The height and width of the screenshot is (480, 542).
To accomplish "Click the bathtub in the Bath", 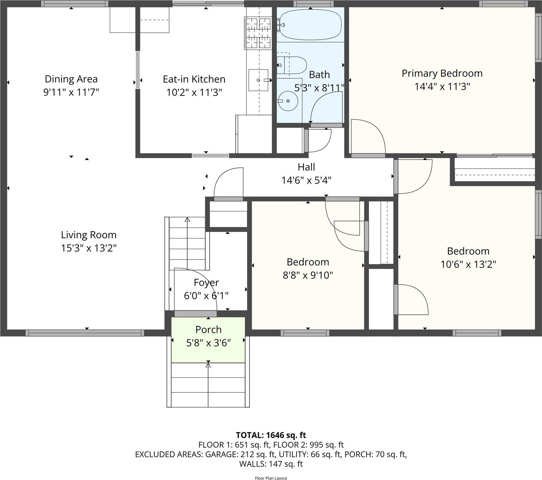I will (x=310, y=25).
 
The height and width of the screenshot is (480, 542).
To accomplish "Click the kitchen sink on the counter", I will (x=258, y=80).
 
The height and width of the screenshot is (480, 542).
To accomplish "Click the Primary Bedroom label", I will (x=442, y=73).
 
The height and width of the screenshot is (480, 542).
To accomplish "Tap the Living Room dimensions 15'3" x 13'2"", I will (x=88, y=248).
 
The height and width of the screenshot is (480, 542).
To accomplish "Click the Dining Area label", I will (x=71, y=79).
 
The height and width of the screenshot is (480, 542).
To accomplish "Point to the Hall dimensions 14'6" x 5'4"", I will (x=306, y=180).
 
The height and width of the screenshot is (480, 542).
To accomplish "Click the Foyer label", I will (x=206, y=282).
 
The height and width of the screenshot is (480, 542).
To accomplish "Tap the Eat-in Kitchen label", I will (x=194, y=79).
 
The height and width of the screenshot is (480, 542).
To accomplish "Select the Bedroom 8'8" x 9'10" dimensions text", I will (x=308, y=275).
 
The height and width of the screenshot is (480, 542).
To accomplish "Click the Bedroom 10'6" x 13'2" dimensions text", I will (x=468, y=264).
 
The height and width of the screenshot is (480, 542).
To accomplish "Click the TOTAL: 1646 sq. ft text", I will (x=271, y=435).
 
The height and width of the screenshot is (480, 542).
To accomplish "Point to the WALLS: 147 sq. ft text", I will (x=271, y=464).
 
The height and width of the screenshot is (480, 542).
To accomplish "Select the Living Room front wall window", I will (x=85, y=333).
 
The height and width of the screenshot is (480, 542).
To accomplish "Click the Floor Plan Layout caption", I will (x=271, y=478).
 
